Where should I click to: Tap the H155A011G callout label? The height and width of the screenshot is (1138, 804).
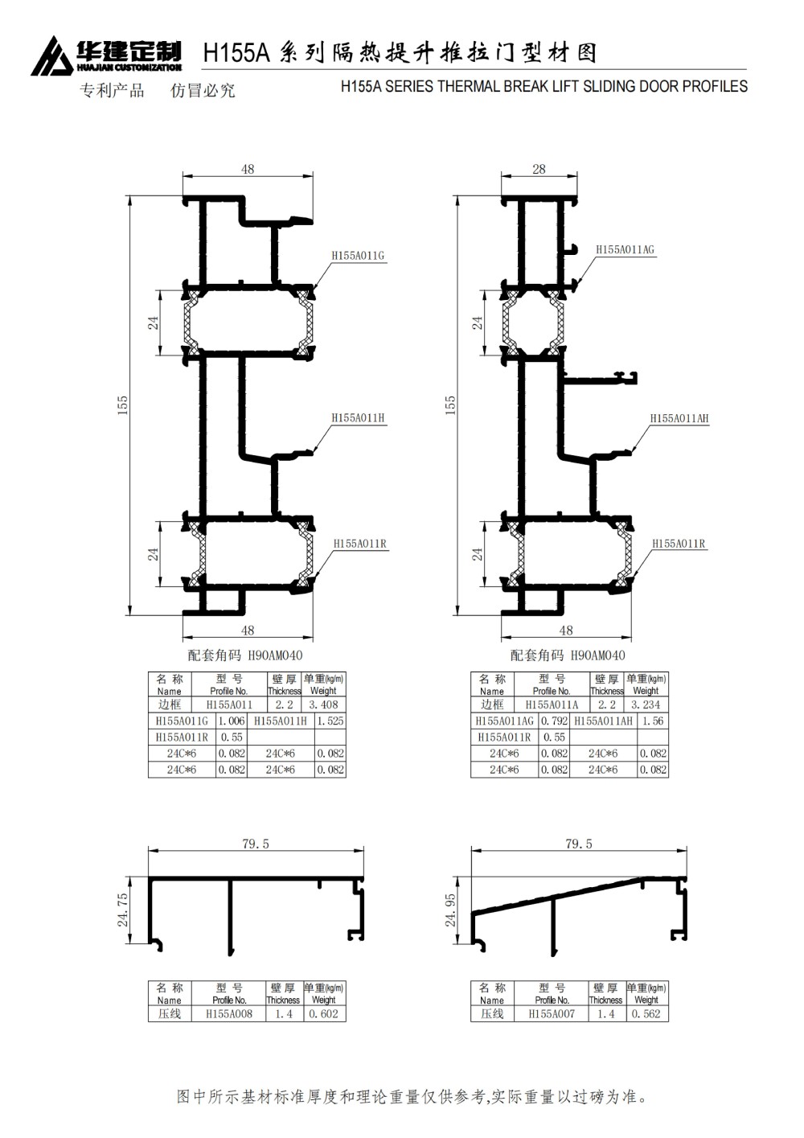click(x=358, y=256)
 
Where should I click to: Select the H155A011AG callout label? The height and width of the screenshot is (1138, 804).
click(x=625, y=250)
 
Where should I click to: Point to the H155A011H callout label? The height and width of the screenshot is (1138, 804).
click(x=359, y=418)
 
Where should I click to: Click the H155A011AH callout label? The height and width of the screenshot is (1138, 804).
click(x=679, y=418)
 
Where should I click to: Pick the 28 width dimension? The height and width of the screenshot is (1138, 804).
click(x=539, y=169)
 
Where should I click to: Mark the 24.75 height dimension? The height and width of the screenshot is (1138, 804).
click(x=123, y=910)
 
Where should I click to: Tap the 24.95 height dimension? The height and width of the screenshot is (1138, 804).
click(x=450, y=910)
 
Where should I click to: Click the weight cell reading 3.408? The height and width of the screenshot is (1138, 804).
click(x=323, y=705)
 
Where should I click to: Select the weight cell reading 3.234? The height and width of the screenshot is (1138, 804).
click(x=646, y=705)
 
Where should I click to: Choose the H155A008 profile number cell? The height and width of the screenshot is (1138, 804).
click(x=229, y=1014)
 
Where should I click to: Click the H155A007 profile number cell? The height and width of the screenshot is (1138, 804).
click(x=552, y=1014)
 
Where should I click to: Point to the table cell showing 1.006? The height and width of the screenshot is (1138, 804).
click(x=231, y=721)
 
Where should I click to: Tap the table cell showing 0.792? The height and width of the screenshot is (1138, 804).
click(x=554, y=721)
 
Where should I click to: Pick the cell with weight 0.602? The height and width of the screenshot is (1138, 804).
click(x=323, y=1014)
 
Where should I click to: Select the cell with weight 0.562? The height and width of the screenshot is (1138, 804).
click(x=646, y=1014)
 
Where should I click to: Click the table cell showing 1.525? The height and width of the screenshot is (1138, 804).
click(x=330, y=721)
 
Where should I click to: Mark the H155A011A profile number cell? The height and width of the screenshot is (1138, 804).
click(x=552, y=705)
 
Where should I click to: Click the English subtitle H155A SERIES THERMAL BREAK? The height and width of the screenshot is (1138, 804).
click(x=544, y=86)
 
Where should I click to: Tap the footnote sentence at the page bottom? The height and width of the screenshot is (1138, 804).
click(x=411, y=1096)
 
